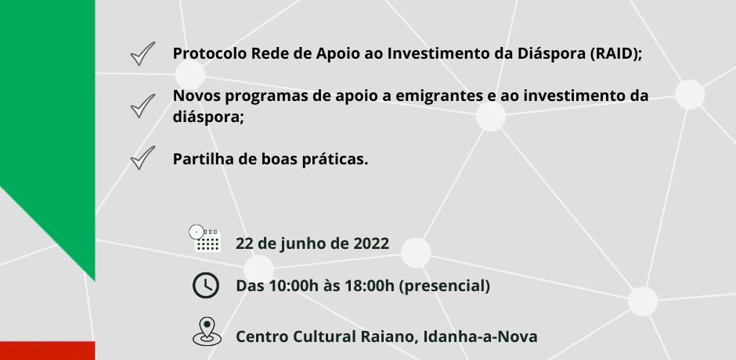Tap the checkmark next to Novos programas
(x=142, y=107)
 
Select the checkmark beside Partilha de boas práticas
(x=142, y=159)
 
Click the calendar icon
(x=206, y=239)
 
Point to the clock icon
(x=206, y=285)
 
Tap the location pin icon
(x=207, y=332)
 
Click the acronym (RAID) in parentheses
(x=615, y=54)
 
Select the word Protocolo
(x=209, y=53)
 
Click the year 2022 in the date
(x=371, y=243)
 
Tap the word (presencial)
(x=444, y=286)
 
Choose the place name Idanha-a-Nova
(x=480, y=337)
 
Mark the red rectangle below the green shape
(x=48, y=351)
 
